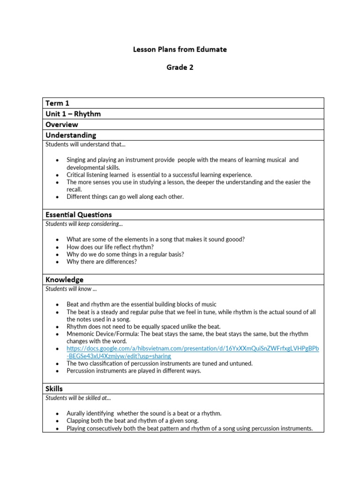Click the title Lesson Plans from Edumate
[x=180, y=49]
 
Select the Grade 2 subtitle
[x=180, y=67]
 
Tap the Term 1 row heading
[x=57, y=103]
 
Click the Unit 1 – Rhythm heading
[x=73, y=114]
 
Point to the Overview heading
[x=61, y=125]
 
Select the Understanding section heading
[x=71, y=135]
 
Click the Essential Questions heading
[x=79, y=215]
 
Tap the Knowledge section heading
[x=65, y=280]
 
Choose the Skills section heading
[x=54, y=389]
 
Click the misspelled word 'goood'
[x=236, y=239]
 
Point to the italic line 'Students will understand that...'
[x=82, y=144]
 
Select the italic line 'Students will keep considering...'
[x=84, y=224]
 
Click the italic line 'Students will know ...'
[x=71, y=289]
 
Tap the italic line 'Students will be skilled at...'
[x=78, y=398]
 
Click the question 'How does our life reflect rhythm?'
[x=110, y=247]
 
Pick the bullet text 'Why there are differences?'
[x=102, y=262]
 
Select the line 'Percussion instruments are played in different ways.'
[x=134, y=371]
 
